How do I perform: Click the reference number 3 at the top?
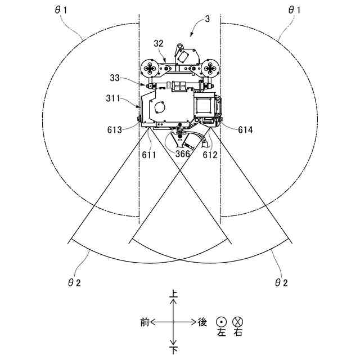pyautogui.click(x=208, y=19)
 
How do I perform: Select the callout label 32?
pyautogui.click(x=159, y=43)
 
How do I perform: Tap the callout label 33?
pyautogui.click(x=115, y=78)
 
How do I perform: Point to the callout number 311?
pyautogui.click(x=113, y=98)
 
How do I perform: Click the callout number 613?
pyautogui.click(x=115, y=130)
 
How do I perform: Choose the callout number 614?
pyautogui.click(x=245, y=130)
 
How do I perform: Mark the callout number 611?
pyautogui.click(x=148, y=155)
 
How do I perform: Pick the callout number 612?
pyautogui.click(x=210, y=155)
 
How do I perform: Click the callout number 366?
pyautogui.click(x=182, y=154)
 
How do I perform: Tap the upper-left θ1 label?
pyautogui.click(x=61, y=10)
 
